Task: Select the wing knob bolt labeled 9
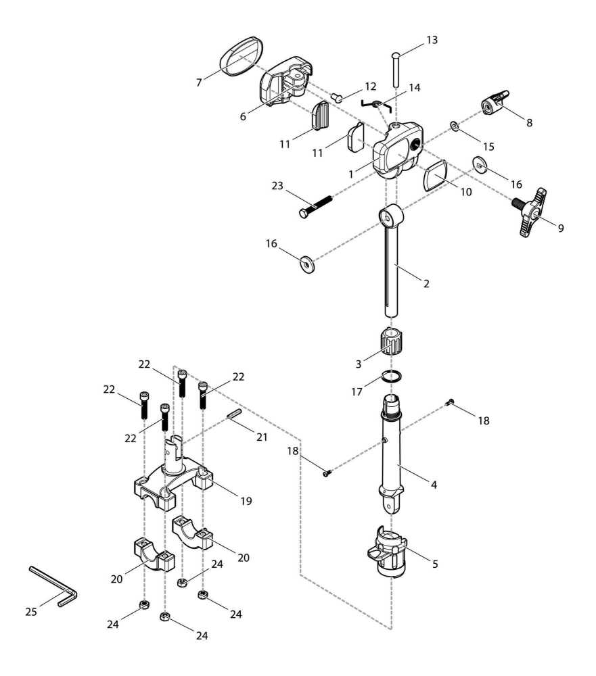coord(532,213)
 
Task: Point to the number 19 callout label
coord(246,501)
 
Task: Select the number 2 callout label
coord(426,284)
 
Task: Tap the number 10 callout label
coord(465,193)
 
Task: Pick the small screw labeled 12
coord(339,97)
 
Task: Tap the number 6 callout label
coord(242,116)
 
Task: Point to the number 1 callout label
coord(351,174)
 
